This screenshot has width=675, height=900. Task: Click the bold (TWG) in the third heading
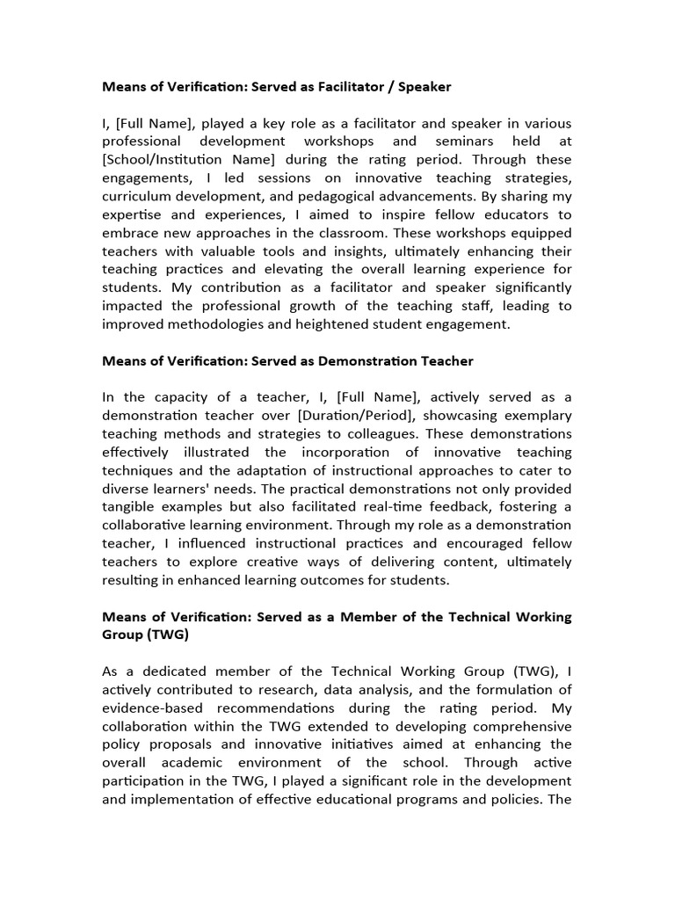(167, 635)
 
